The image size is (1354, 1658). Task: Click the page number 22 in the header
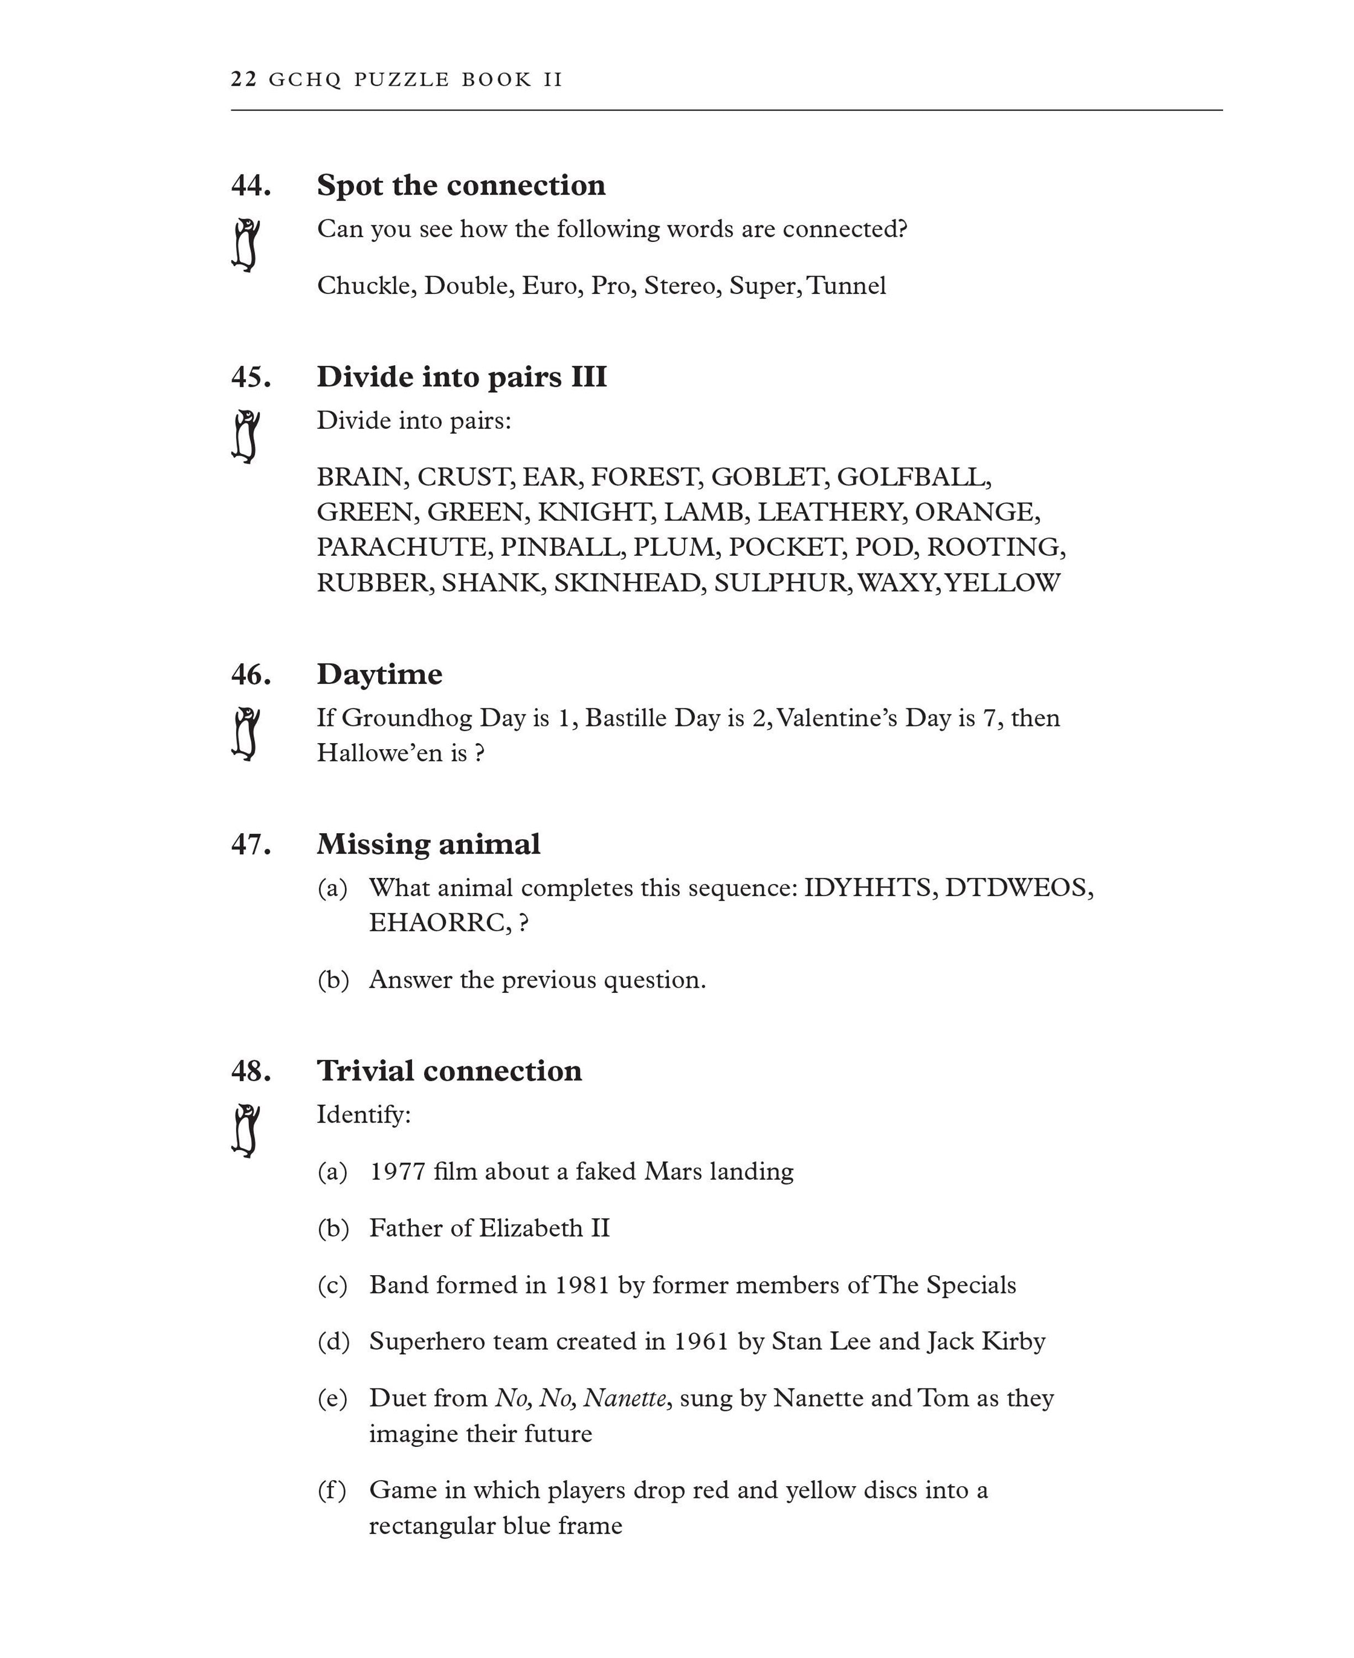(244, 80)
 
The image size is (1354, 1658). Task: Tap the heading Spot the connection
(461, 186)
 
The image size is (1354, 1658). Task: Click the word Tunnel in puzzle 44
(847, 286)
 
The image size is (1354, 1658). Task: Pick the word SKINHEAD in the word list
(627, 583)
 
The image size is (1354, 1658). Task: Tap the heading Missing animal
(428, 844)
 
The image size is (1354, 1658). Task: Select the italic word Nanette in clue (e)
(625, 1398)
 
